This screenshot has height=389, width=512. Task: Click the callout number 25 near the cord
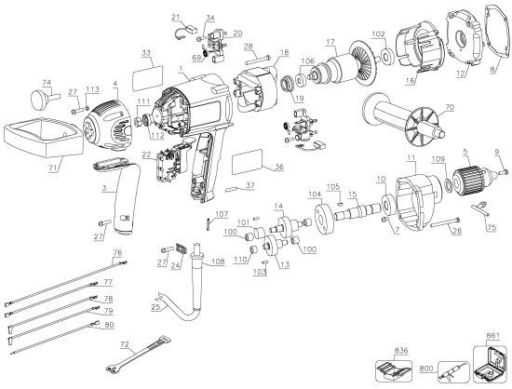(156, 307)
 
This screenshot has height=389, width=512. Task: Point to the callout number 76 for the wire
(117, 253)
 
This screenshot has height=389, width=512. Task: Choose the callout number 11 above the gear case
(409, 159)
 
